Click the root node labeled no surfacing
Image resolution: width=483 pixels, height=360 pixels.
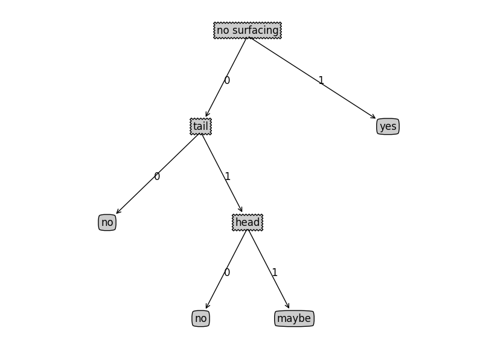tap(248, 30)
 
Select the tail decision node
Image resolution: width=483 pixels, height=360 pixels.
tap(200, 126)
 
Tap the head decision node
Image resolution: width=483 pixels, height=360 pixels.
tap(248, 222)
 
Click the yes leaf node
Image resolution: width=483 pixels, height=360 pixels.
tap(388, 126)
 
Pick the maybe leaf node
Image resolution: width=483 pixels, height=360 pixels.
tap(294, 318)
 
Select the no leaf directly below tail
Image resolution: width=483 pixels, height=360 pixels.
tap(107, 222)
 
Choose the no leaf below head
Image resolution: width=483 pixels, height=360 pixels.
tap(201, 318)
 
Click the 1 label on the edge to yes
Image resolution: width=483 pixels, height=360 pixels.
tap(321, 80)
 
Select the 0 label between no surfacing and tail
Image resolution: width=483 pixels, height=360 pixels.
tap(227, 80)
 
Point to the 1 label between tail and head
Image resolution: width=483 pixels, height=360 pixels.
tap(228, 176)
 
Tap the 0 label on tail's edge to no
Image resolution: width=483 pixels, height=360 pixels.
tap(157, 176)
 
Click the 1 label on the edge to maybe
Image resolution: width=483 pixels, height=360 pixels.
tap(275, 272)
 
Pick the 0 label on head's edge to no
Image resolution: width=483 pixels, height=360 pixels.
tap(227, 272)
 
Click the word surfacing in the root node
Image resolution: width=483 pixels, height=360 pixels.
tap(256, 30)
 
